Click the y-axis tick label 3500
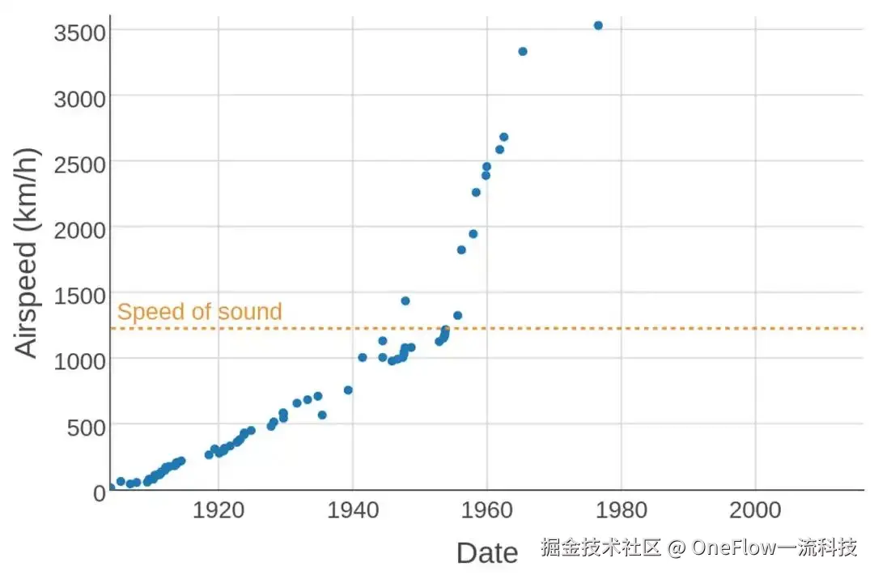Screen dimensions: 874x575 79,33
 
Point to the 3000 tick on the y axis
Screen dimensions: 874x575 79,100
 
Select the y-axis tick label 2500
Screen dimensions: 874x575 79,165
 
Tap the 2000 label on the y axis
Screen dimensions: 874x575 79,230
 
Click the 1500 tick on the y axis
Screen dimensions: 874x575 79,296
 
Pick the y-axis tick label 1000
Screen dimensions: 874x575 79,361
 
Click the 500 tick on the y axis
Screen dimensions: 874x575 87,428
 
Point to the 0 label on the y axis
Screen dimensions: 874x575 100,493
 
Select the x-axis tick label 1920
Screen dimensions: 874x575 218,509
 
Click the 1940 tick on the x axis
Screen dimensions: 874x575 353,509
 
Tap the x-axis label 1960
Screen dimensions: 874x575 487,509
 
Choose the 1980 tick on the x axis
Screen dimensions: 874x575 622,509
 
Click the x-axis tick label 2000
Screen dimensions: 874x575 755,509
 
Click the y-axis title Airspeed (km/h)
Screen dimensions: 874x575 27,253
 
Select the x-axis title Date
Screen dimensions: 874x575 487,552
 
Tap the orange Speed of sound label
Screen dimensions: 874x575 200,312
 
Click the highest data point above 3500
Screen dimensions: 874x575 598,26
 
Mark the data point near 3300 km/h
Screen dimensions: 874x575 523,52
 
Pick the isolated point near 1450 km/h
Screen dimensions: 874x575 405,301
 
